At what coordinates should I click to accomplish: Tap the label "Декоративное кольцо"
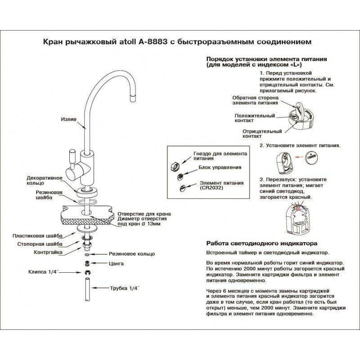pos(45,180)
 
